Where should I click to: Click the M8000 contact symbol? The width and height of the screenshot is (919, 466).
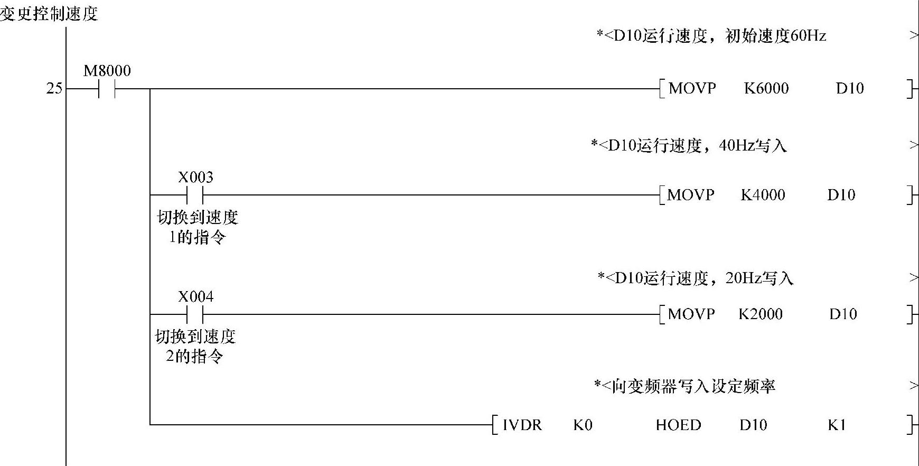[x=107, y=89]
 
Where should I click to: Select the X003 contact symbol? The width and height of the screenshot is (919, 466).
[x=195, y=195]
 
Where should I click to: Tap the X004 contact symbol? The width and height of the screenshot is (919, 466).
[x=195, y=315]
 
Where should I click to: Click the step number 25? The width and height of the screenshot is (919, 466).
[x=54, y=89]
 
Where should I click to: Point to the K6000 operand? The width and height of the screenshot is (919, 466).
[x=766, y=88]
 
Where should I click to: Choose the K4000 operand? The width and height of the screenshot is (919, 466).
[x=763, y=195]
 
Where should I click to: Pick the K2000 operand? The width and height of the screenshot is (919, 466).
[x=760, y=314]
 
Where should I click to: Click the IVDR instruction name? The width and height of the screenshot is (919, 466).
[x=522, y=425]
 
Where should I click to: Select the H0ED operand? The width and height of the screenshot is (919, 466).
[x=678, y=425]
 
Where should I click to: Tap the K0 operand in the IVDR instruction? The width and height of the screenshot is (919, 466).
[x=583, y=425]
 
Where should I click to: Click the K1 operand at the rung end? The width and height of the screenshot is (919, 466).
[x=837, y=425]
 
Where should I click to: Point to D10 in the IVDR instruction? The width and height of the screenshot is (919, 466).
[x=753, y=425]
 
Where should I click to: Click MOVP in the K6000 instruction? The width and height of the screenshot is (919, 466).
[x=692, y=88]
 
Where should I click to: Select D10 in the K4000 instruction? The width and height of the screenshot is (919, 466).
[x=841, y=195]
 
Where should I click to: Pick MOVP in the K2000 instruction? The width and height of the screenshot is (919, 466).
[x=691, y=314]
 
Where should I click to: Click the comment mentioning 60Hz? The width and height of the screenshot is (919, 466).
[x=711, y=36]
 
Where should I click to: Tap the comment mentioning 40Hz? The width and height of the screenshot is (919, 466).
[x=689, y=146]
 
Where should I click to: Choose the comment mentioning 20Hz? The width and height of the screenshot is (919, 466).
[x=695, y=278]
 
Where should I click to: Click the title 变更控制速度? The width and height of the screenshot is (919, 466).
[x=49, y=14]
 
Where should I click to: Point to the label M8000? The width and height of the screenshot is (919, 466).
[x=107, y=71]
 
